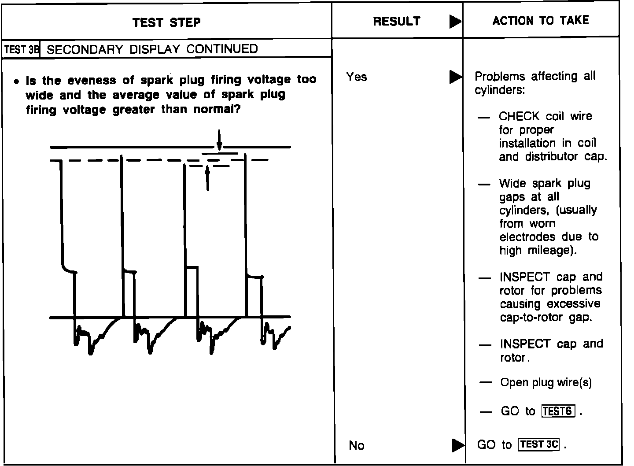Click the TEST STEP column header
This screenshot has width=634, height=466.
click(x=166, y=22)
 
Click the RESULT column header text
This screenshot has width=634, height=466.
click(x=396, y=21)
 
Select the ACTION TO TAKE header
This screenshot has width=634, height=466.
click(x=540, y=20)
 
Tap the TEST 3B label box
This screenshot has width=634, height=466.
click(x=21, y=49)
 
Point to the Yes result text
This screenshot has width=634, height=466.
click(x=356, y=77)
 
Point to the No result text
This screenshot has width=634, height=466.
click(x=356, y=445)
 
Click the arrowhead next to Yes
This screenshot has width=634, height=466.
click(x=455, y=77)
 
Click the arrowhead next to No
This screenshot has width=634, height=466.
click(x=458, y=445)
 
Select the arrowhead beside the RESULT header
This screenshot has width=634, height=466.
click(x=455, y=22)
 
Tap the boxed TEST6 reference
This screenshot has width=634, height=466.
click(x=558, y=411)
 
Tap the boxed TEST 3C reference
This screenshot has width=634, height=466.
click(x=539, y=444)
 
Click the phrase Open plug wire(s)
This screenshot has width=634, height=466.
click(x=546, y=382)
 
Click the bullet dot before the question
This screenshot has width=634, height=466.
click(x=16, y=81)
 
